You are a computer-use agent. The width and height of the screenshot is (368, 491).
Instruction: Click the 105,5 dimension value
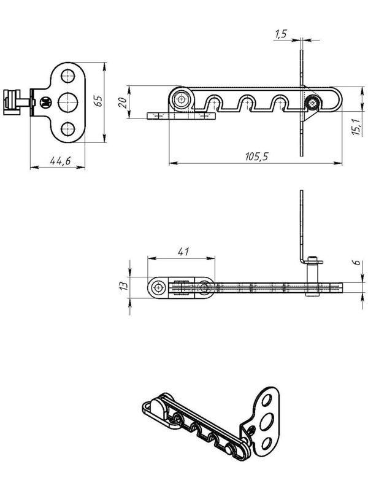click(256, 156)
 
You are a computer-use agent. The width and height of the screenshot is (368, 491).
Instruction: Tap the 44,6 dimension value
click(60, 161)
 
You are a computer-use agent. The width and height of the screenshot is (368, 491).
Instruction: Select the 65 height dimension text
click(98, 101)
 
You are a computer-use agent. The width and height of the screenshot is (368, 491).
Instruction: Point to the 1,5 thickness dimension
click(281, 34)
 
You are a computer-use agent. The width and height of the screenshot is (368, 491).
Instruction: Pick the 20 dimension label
click(123, 102)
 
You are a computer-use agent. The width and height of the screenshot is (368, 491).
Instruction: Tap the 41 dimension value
click(183, 252)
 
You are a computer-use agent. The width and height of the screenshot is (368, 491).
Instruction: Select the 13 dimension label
click(124, 285)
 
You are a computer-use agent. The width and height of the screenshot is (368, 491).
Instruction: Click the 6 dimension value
click(358, 263)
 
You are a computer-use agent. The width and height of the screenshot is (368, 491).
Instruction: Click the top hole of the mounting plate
click(68, 75)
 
